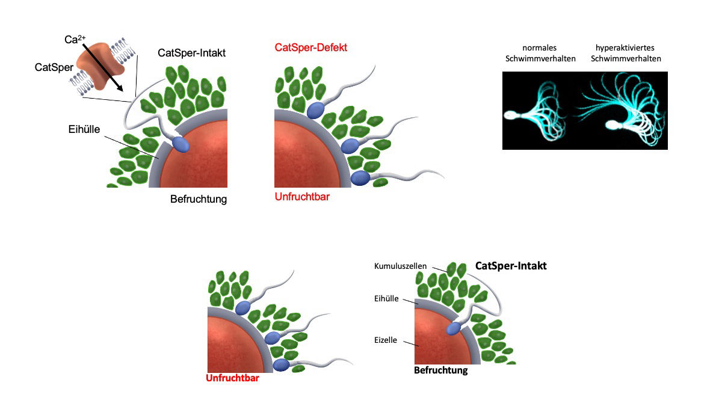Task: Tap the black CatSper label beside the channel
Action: point(50,67)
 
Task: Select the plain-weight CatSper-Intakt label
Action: point(192,53)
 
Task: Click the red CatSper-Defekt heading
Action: point(310,47)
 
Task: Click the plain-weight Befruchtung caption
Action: point(199,199)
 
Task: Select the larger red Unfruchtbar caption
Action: point(302,197)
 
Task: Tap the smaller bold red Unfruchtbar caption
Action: point(232,378)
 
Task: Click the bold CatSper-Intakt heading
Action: point(511,265)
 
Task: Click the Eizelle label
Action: point(386,340)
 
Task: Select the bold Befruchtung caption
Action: point(440,371)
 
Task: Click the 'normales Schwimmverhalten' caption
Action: point(539,54)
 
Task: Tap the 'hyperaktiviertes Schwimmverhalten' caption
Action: point(626,54)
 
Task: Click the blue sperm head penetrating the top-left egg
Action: point(180,144)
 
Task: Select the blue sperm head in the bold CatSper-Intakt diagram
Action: point(454,327)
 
